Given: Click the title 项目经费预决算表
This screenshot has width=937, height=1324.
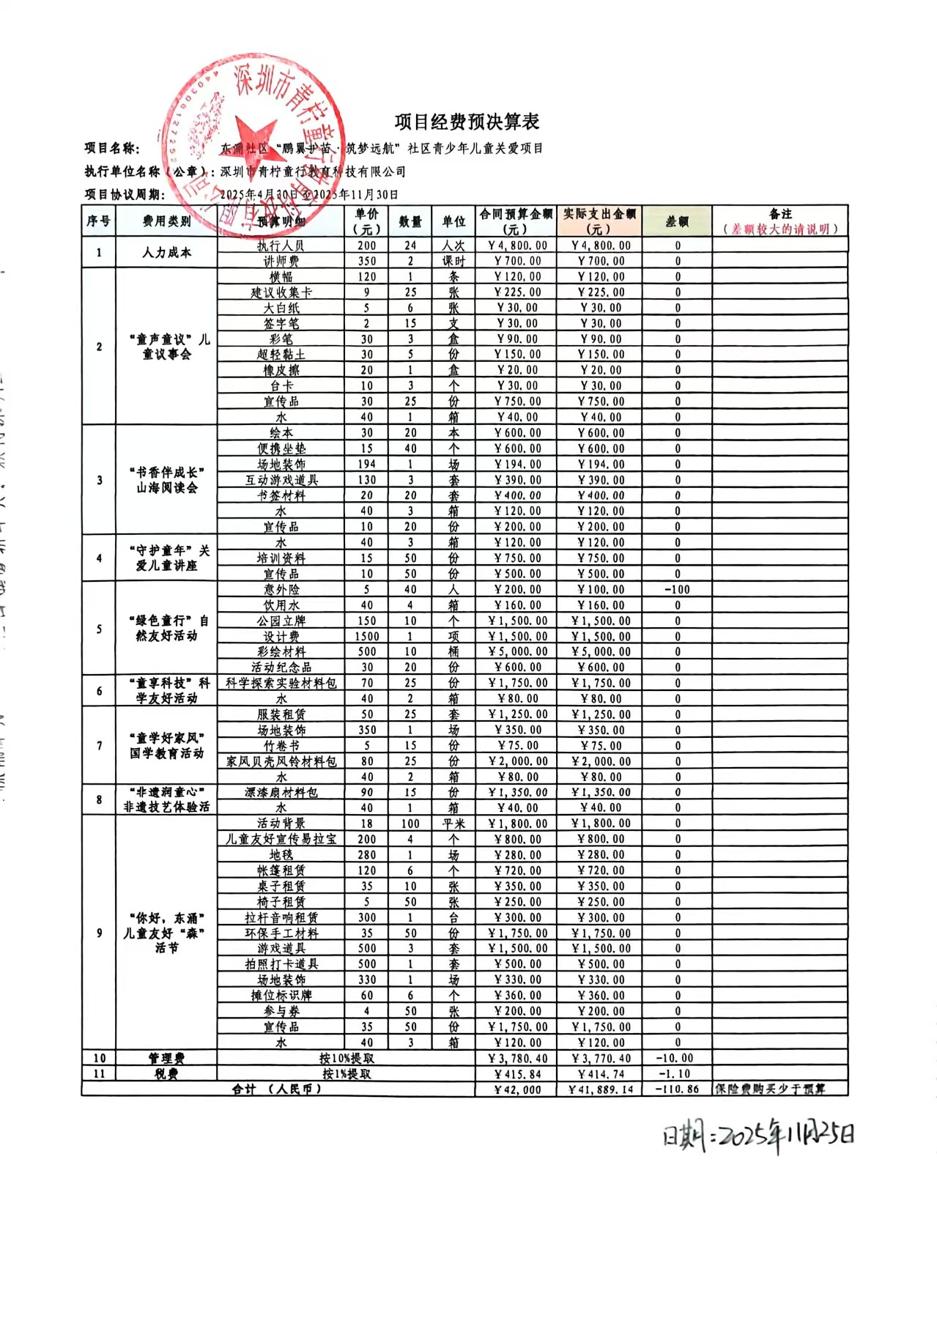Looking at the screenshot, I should [x=467, y=122].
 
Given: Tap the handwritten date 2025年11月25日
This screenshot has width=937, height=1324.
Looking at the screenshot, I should [x=758, y=1136].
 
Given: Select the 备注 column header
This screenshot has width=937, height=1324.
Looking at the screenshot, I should [x=780, y=221].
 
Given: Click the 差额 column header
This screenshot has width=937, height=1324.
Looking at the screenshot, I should [x=677, y=221].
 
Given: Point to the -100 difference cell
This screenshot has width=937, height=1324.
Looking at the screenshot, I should [x=677, y=590].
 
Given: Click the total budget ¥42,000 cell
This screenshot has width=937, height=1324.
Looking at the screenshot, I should [x=517, y=1090].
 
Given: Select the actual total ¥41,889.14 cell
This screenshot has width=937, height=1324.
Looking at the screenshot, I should [x=601, y=1090].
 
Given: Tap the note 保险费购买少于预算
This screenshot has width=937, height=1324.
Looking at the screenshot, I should [x=771, y=1089].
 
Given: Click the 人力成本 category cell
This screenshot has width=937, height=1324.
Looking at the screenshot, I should [x=166, y=253].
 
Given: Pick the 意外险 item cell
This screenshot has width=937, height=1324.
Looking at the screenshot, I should [x=281, y=590].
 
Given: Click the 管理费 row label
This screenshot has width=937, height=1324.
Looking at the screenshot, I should [x=166, y=1058].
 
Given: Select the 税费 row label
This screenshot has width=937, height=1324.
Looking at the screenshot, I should [x=166, y=1073].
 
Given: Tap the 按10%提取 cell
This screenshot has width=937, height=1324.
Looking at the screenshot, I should [x=347, y=1058].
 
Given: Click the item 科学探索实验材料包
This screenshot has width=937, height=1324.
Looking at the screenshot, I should [x=281, y=683].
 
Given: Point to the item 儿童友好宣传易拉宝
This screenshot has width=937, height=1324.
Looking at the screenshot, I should [x=281, y=839].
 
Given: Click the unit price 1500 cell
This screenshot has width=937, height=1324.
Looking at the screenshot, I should [x=367, y=637].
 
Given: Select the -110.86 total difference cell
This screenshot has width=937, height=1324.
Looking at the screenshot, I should [x=677, y=1090].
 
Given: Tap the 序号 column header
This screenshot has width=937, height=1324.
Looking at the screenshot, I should [x=98, y=221].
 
